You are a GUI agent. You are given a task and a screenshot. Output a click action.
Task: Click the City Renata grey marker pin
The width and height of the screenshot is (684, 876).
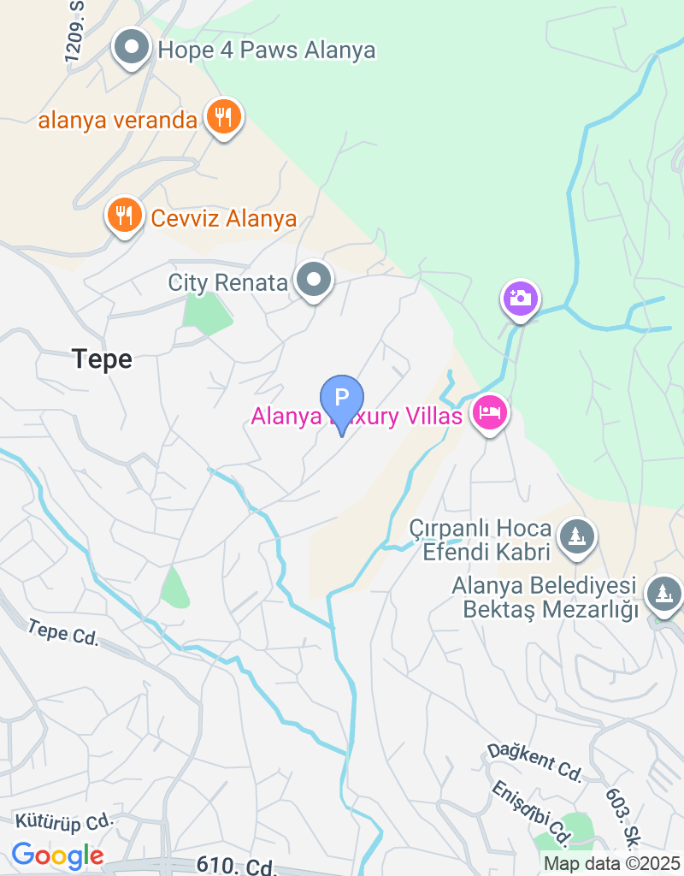pyautogui.click(x=314, y=280)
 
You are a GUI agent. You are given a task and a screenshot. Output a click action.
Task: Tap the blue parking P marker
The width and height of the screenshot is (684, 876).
pyautogui.click(x=341, y=399)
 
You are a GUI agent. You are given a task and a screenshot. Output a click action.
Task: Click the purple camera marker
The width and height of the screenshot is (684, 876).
pyautogui.click(x=520, y=299)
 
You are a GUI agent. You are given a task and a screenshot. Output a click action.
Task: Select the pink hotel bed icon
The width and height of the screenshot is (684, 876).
pyautogui.click(x=490, y=413)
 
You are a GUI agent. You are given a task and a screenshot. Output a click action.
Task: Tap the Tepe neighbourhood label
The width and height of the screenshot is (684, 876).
pyautogui.click(x=103, y=359)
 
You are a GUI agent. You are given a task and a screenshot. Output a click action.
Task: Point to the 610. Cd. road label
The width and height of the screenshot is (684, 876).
pyautogui.click(x=237, y=866)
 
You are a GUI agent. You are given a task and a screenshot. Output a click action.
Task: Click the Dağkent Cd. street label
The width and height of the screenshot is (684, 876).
pyautogui.click(x=534, y=761)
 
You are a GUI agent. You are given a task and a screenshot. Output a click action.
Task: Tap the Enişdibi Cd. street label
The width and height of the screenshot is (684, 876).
pyautogui.click(x=531, y=809)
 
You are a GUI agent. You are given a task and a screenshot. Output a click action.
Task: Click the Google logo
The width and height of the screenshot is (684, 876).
pyautogui.click(x=57, y=854)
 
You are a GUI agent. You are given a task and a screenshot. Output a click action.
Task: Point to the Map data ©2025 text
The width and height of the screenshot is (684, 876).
pyautogui.click(x=611, y=864)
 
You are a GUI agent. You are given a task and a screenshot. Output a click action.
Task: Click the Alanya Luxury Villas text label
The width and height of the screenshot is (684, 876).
pyautogui.click(x=357, y=417)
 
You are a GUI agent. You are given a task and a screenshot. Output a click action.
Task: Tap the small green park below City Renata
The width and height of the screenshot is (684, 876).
pyautogui.click(x=207, y=314)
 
